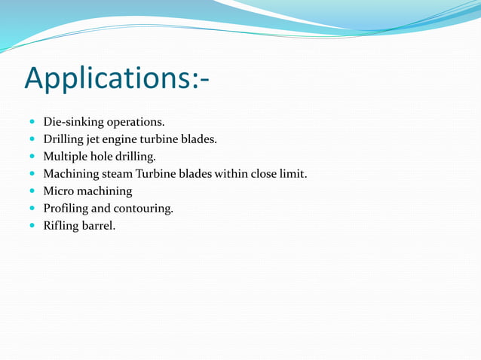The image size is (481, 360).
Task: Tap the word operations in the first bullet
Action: (x=136, y=121)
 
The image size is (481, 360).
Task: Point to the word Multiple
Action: (x=64, y=157)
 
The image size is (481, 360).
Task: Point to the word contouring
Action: (x=143, y=209)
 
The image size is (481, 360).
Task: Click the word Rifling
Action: (x=61, y=226)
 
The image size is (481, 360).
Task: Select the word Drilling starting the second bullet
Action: (x=64, y=139)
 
